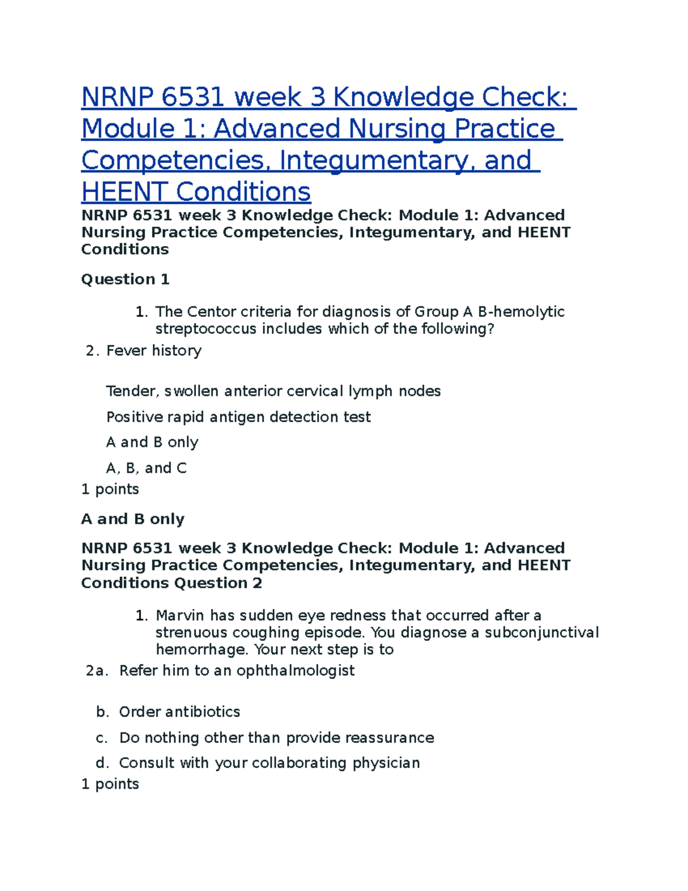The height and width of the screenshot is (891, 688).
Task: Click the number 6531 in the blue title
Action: tap(193, 97)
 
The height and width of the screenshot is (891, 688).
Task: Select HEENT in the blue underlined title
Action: tap(124, 192)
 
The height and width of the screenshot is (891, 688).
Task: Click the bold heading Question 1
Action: tap(125, 279)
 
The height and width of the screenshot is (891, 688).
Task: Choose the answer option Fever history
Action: tap(154, 351)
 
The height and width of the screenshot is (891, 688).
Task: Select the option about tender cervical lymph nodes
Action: tap(273, 391)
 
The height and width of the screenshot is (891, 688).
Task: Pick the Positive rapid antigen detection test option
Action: tap(238, 417)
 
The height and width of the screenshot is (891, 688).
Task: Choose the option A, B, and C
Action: tap(146, 468)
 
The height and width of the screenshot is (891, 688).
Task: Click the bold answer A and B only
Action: tap(132, 519)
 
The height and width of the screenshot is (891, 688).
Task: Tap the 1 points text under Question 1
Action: tap(110, 489)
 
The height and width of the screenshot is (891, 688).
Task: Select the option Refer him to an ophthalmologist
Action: tap(237, 671)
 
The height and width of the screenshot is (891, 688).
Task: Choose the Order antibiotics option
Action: tap(179, 712)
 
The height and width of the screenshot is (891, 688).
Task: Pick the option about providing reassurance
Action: tap(276, 738)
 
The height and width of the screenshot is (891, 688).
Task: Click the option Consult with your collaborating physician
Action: tap(269, 763)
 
